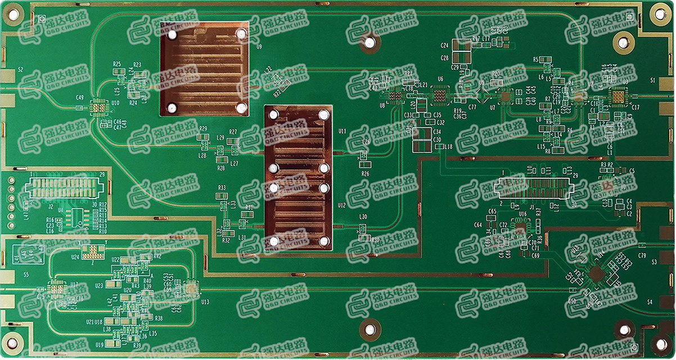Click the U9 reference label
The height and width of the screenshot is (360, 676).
click(x=259, y=47)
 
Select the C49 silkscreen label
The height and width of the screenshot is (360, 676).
click(x=80, y=98)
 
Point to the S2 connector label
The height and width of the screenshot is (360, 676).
click(x=21, y=70)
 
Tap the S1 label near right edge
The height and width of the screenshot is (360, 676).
click(x=653, y=80)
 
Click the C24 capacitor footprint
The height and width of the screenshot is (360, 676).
click(x=462, y=45)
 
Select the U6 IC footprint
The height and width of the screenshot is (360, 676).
click(x=440, y=96)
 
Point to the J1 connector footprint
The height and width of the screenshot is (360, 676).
click(x=534, y=190)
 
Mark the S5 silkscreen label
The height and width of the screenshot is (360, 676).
click(x=26, y=274)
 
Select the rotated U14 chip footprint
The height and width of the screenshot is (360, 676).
click(x=597, y=274)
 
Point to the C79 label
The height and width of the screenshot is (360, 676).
click(x=642, y=256)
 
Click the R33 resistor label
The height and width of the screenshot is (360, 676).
click(x=222, y=188)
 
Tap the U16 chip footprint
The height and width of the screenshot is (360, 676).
click(x=521, y=228)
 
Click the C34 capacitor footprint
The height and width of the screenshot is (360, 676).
click(x=421, y=133)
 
